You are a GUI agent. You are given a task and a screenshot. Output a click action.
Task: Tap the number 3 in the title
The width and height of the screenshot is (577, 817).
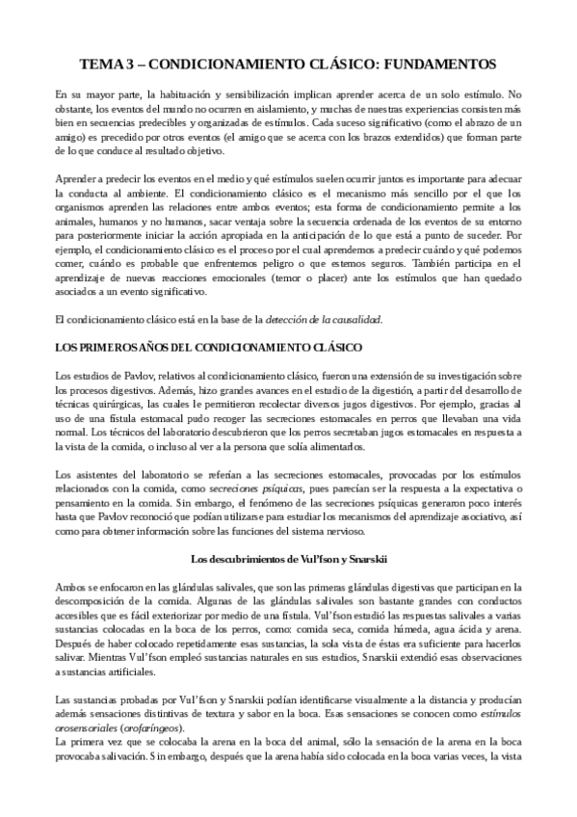(128, 65)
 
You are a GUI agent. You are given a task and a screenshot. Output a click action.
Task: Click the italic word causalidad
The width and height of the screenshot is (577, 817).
(352, 318)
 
